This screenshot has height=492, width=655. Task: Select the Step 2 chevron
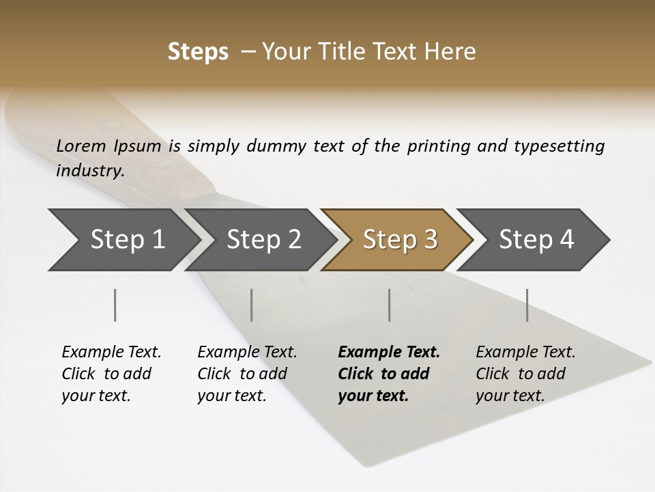point(263,240)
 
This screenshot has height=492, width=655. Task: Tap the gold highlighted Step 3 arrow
point(400,240)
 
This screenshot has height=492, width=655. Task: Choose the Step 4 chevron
point(536,240)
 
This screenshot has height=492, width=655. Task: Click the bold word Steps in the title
point(198,52)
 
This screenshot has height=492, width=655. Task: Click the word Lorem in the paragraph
point(81,146)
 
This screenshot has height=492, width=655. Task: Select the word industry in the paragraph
point(90,170)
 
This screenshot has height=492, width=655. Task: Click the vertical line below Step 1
point(115,305)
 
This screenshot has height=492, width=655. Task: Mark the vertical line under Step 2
point(252,305)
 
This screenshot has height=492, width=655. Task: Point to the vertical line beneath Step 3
point(389,305)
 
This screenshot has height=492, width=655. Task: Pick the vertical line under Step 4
point(527,305)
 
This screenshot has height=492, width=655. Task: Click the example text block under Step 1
point(111,374)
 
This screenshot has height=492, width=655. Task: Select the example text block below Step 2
point(247,374)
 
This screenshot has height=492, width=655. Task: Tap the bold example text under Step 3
point(389,374)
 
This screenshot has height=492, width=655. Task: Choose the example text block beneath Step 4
point(525,374)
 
